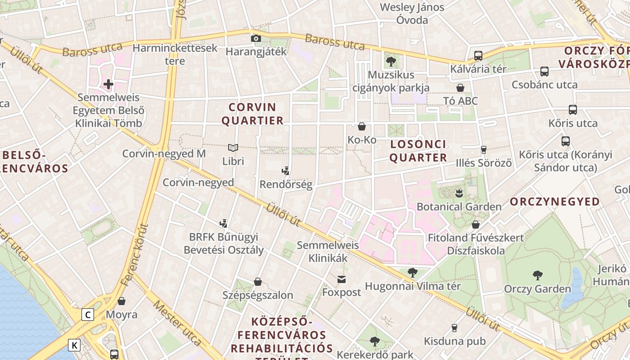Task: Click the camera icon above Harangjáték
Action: (256, 39)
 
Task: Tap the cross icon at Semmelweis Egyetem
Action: (108, 84)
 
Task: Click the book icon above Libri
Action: (233, 148)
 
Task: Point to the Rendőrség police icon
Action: (285, 171)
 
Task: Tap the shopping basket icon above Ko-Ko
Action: (362, 126)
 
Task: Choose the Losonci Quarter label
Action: (418, 151)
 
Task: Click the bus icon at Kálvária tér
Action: (478, 56)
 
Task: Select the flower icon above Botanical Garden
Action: (459, 193)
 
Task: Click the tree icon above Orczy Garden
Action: (537, 275)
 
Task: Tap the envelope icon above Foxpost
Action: (342, 279)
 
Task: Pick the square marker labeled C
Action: (88, 315)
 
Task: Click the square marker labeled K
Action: (74, 345)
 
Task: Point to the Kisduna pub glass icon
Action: (454, 328)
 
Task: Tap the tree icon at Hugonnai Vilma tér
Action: (412, 273)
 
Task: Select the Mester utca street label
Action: (176, 323)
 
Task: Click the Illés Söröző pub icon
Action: (484, 149)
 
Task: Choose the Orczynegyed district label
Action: (555, 202)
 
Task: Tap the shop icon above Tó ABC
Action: (460, 88)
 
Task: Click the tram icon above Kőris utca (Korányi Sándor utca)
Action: (566, 141)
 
